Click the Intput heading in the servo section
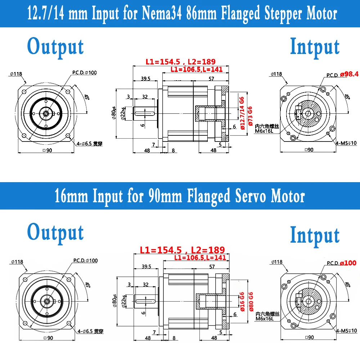click(x=315, y=235)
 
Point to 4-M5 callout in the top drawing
click(x=346, y=143)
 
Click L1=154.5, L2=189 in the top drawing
click(x=185, y=62)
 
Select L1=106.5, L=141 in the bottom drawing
click(x=200, y=257)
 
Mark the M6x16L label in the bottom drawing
click(x=265, y=319)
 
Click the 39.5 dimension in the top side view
click(x=146, y=78)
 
